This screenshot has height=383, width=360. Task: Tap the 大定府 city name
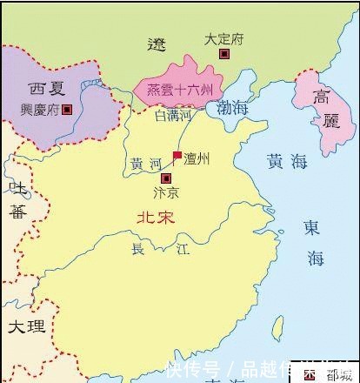[223, 39]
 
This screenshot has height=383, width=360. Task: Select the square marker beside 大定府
[224, 54]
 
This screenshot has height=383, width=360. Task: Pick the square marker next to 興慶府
[67, 110]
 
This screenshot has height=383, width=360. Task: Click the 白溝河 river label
[171, 114]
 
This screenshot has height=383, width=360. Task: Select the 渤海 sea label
[233, 108]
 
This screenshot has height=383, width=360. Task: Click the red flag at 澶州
[177, 157]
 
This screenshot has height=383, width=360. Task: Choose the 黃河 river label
[145, 164]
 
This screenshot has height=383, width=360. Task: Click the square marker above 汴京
[166, 178]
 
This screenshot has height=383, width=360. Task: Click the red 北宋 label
[156, 219]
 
